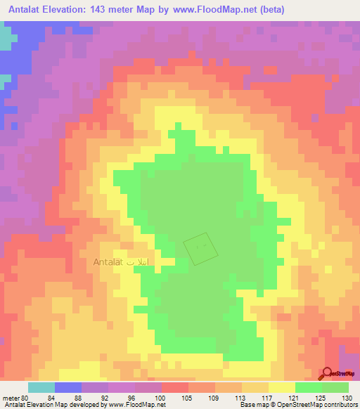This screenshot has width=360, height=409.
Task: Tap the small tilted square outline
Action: pyautogui.click(x=197, y=249)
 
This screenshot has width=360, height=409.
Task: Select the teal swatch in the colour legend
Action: pyautogui.click(x=41, y=387)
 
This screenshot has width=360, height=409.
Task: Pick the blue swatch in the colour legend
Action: pyautogui.click(x=68, y=387)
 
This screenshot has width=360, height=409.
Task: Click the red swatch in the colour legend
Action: pyautogui.click(x=175, y=387)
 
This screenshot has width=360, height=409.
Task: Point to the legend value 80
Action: pyautogui.click(x=25, y=397)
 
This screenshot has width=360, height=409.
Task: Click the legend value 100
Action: pyautogui.click(x=162, y=397)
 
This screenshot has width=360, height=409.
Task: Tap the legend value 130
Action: pyautogui.click(x=349, y=397)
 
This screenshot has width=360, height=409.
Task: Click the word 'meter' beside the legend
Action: pyautogui.click(x=11, y=397)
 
